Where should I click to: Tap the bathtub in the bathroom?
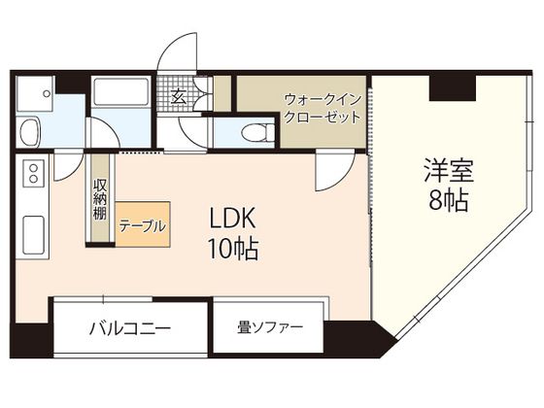(119, 97)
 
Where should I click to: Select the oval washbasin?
(28, 129)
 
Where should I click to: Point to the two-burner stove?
(33, 176)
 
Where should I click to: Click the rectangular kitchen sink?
(32, 234)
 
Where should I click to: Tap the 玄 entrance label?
(180, 95)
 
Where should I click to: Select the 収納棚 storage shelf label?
(100, 198)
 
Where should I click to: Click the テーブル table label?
(142, 225)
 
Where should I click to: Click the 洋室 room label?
(446, 171)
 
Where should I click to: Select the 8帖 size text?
(446, 202)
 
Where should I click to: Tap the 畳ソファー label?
(270, 326)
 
